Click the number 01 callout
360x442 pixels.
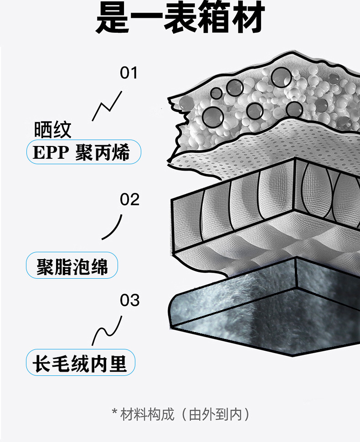point(129,73)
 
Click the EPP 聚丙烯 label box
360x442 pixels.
point(83,152)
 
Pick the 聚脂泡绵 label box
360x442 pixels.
point(72,265)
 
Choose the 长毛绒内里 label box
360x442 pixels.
point(81,363)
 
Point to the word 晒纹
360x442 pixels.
point(53,130)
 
